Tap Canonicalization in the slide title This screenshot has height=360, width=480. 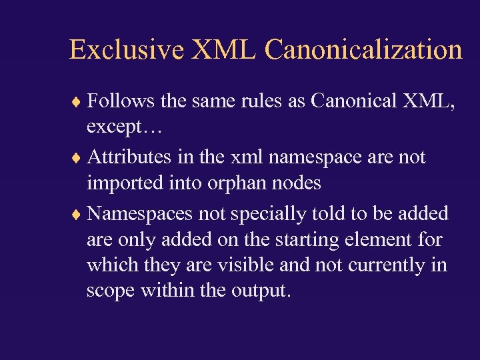click(x=363, y=50)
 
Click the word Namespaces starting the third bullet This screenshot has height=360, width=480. click(x=136, y=214)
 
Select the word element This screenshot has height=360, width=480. click(x=374, y=240)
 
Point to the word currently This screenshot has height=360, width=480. click(x=389, y=265)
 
